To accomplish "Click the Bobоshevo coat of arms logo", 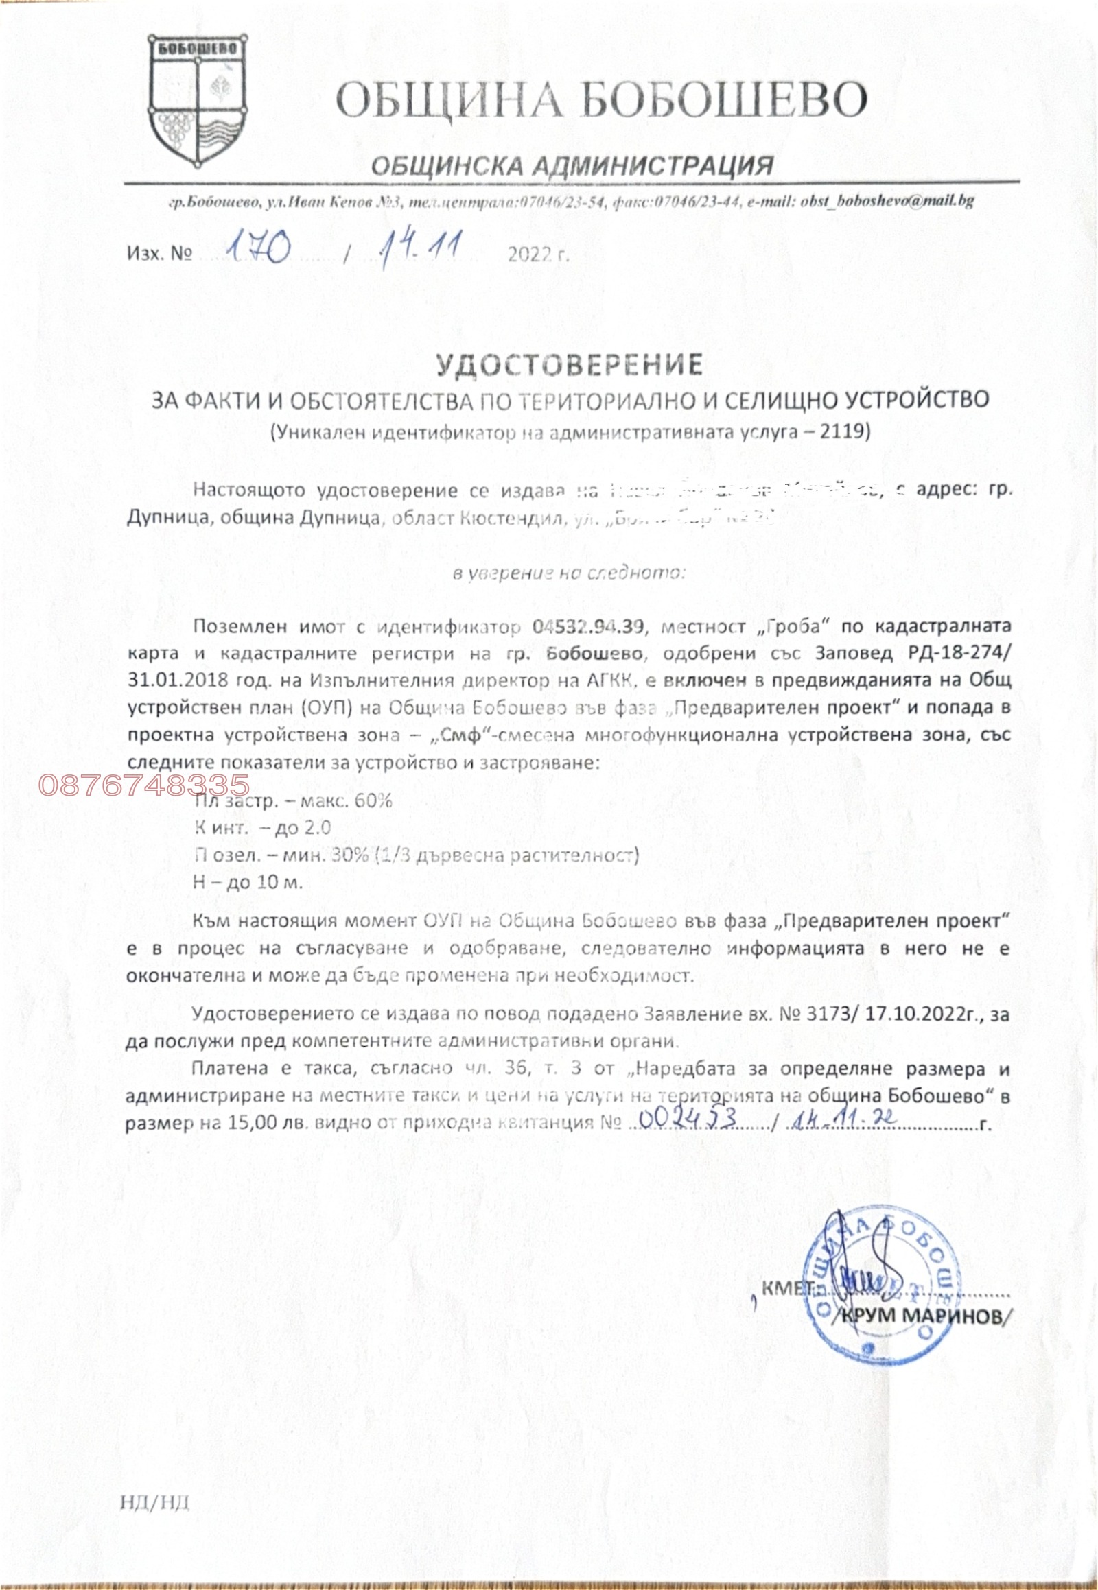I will (x=198, y=102).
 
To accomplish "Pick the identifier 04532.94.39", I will (x=587, y=626).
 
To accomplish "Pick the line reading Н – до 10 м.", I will (x=248, y=881).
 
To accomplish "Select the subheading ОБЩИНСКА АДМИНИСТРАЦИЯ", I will (x=570, y=165).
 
